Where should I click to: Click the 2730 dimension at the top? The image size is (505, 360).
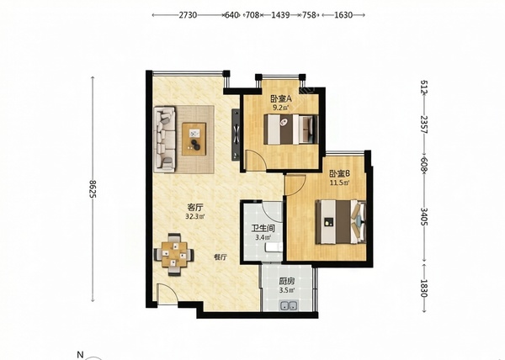(188, 15)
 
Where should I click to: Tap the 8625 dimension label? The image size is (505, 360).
(93, 189)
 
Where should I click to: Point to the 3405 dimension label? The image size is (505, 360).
(424, 217)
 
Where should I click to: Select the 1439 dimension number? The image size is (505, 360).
(280, 15)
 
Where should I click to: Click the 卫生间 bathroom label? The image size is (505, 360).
(263, 229)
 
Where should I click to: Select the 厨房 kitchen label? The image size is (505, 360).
(287, 281)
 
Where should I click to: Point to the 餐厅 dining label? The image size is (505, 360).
(221, 257)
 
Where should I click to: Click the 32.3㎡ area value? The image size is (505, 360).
(195, 216)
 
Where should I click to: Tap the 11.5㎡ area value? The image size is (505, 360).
(339, 183)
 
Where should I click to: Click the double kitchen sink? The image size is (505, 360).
(289, 305)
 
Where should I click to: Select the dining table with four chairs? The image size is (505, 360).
(174, 254)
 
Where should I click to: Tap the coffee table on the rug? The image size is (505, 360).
(194, 139)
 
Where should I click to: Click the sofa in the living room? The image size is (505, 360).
(165, 139)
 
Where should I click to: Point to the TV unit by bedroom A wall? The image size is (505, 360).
(236, 134)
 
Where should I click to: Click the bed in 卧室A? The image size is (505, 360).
(291, 130)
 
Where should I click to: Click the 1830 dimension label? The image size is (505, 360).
(424, 289)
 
